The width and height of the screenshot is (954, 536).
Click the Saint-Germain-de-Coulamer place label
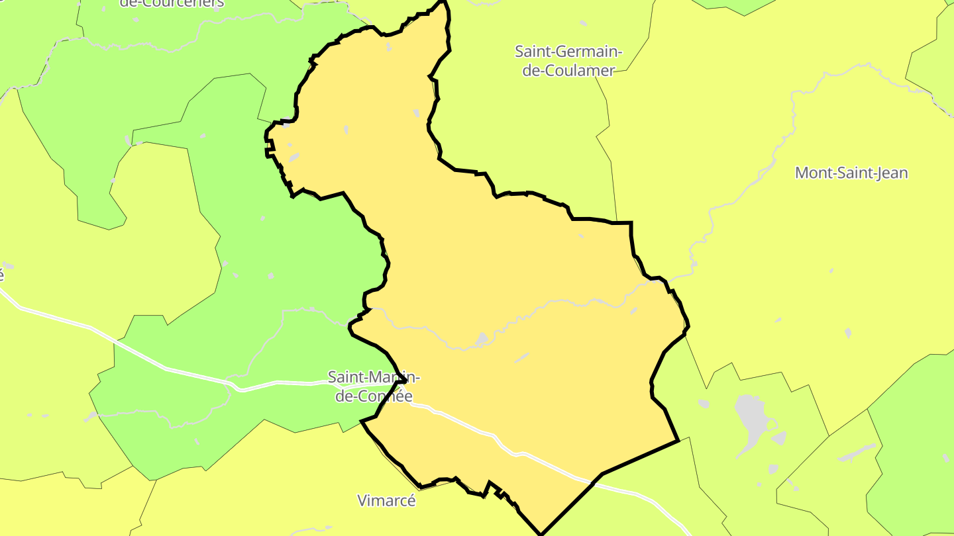click(x=568, y=60)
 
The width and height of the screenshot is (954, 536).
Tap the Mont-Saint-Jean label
click(x=851, y=173)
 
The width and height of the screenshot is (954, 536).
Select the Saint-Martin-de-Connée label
click(x=374, y=386)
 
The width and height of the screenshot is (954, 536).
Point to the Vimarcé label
click(x=387, y=500)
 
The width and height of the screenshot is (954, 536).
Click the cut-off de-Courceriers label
click(x=172, y=3)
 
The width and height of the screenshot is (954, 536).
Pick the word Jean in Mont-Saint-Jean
click(x=892, y=173)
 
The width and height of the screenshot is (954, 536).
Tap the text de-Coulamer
click(x=568, y=70)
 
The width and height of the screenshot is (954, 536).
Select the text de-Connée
click(x=374, y=396)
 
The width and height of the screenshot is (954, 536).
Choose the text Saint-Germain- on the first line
click(x=568, y=51)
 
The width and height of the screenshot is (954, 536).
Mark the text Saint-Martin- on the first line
click(x=374, y=377)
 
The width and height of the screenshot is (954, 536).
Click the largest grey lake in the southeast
click(x=751, y=420)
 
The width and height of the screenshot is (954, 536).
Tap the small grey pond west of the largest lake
click(x=704, y=403)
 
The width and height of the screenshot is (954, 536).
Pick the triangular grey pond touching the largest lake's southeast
click(x=779, y=438)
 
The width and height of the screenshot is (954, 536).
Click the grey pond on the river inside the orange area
click(x=482, y=339)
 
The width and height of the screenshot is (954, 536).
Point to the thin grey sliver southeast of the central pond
click(x=522, y=357)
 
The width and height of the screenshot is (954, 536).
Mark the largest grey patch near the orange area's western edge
click(x=293, y=157)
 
